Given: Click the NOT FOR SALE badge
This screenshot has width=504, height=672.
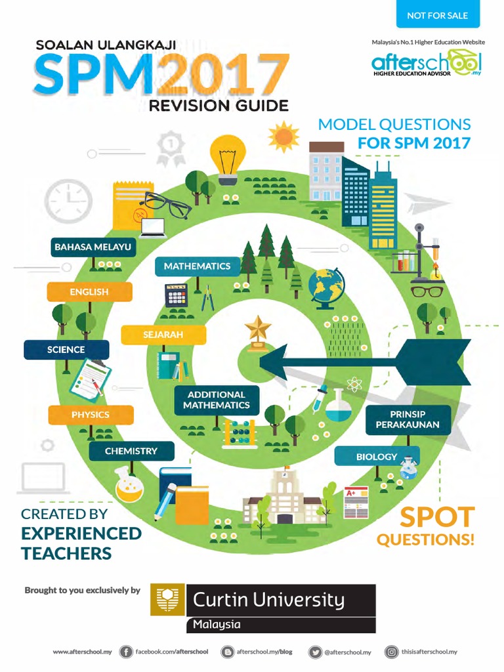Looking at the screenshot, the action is point(438,15).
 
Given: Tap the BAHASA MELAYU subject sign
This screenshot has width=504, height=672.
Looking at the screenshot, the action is point(93,247).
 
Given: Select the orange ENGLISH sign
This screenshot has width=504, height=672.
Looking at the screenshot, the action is point(89,291).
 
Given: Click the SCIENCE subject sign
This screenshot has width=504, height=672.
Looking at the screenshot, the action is point(66,350).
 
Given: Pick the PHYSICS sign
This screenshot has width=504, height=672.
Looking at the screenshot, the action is point(91,415).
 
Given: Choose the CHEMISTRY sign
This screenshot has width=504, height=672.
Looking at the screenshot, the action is point(131,451).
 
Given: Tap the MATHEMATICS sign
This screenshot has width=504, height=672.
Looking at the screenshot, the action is point(197,266).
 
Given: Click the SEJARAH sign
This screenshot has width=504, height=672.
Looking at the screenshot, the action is point(163,335).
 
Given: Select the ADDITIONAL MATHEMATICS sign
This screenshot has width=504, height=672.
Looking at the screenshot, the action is point(217,400).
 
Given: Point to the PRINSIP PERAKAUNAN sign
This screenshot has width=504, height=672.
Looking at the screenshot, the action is point(408,419).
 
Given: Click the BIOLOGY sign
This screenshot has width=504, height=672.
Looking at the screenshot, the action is point(377,456).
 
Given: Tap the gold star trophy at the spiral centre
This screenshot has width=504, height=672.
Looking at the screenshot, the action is point(257,332).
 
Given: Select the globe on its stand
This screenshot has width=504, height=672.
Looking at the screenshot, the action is point(325,287).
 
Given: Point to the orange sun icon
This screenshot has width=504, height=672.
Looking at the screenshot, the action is point(283,136).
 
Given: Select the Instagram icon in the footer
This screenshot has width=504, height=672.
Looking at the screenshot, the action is point(391,652).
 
